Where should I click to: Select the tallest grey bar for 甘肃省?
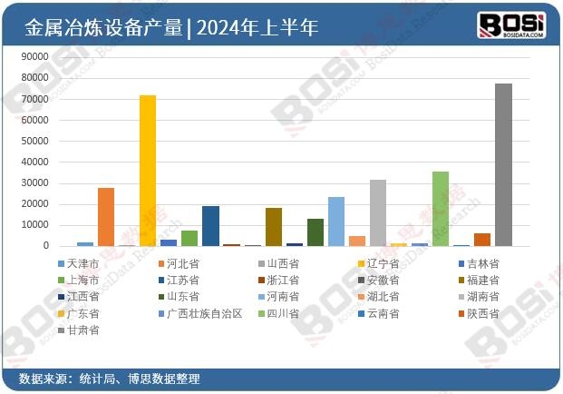click(503, 164)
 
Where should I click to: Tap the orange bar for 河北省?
click(106, 217)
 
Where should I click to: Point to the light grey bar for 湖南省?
click(378, 212)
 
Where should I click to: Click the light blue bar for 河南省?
click(336, 222)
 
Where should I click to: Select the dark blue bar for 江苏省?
click(210, 226)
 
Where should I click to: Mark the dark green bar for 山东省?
click(315, 232)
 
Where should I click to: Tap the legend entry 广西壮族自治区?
click(203, 313)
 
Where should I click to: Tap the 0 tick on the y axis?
click(44, 246)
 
